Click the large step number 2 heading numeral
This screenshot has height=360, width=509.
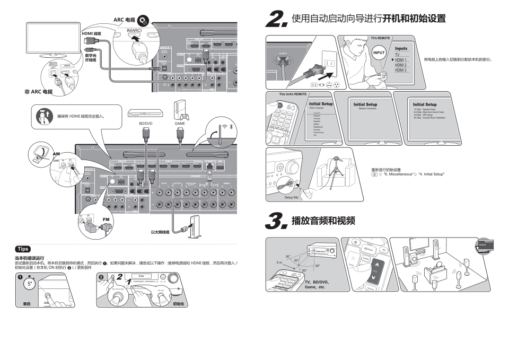277,20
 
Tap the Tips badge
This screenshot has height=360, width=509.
23,249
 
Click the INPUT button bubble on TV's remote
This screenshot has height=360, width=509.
379,53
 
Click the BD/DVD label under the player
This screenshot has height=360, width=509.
146,123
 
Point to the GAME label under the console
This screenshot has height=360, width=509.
180,123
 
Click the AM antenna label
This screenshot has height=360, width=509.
56,153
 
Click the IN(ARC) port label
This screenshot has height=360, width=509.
135,30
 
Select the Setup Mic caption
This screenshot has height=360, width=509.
292,197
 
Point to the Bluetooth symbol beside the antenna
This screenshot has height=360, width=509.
231,127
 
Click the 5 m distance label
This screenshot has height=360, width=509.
279,262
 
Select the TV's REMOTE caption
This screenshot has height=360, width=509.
380,38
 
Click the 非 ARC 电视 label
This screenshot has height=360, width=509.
38,92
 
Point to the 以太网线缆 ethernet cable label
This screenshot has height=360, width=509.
160,232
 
